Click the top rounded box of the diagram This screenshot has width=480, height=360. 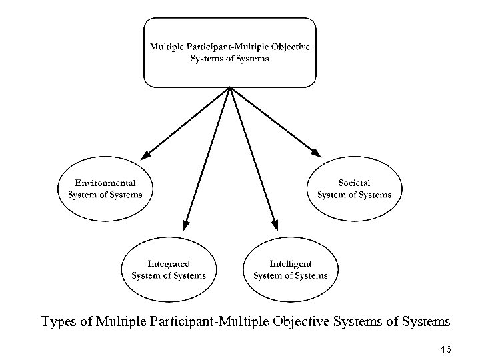click(x=230, y=53)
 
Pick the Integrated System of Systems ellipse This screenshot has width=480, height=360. click(x=169, y=269)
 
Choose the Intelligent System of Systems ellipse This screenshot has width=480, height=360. click(x=290, y=269)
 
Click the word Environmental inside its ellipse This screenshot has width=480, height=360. click(x=105, y=183)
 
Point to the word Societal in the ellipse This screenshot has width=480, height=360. click(x=354, y=183)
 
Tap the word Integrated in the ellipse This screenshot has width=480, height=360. click(x=169, y=264)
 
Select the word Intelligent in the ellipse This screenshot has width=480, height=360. click(x=290, y=264)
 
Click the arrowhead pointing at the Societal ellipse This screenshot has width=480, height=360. click(x=316, y=154)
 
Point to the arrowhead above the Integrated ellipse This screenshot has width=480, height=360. click(x=187, y=225)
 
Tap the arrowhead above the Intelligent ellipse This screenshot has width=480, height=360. click(x=273, y=225)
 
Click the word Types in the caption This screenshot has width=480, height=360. click(x=56, y=322)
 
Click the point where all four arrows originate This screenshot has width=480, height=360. click(x=230, y=88)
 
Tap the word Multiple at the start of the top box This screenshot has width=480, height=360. click(x=167, y=47)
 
